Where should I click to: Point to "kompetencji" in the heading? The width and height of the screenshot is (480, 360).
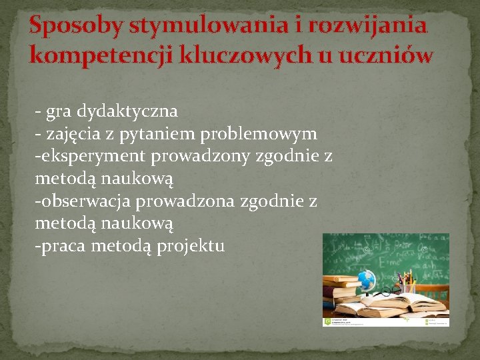tap(101, 55)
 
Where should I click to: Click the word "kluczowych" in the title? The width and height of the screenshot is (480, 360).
tap(246, 55)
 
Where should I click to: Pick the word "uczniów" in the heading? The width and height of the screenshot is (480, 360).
tap(386, 55)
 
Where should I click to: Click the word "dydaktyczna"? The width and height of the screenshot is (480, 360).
tap(127, 110)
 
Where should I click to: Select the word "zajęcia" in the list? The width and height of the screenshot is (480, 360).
tap(75, 133)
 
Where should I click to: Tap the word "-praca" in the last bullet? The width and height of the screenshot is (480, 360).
tap(61, 247)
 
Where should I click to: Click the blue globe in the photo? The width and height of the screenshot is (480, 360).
tap(366, 279)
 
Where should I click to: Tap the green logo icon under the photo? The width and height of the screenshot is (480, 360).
tap(327, 321)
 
